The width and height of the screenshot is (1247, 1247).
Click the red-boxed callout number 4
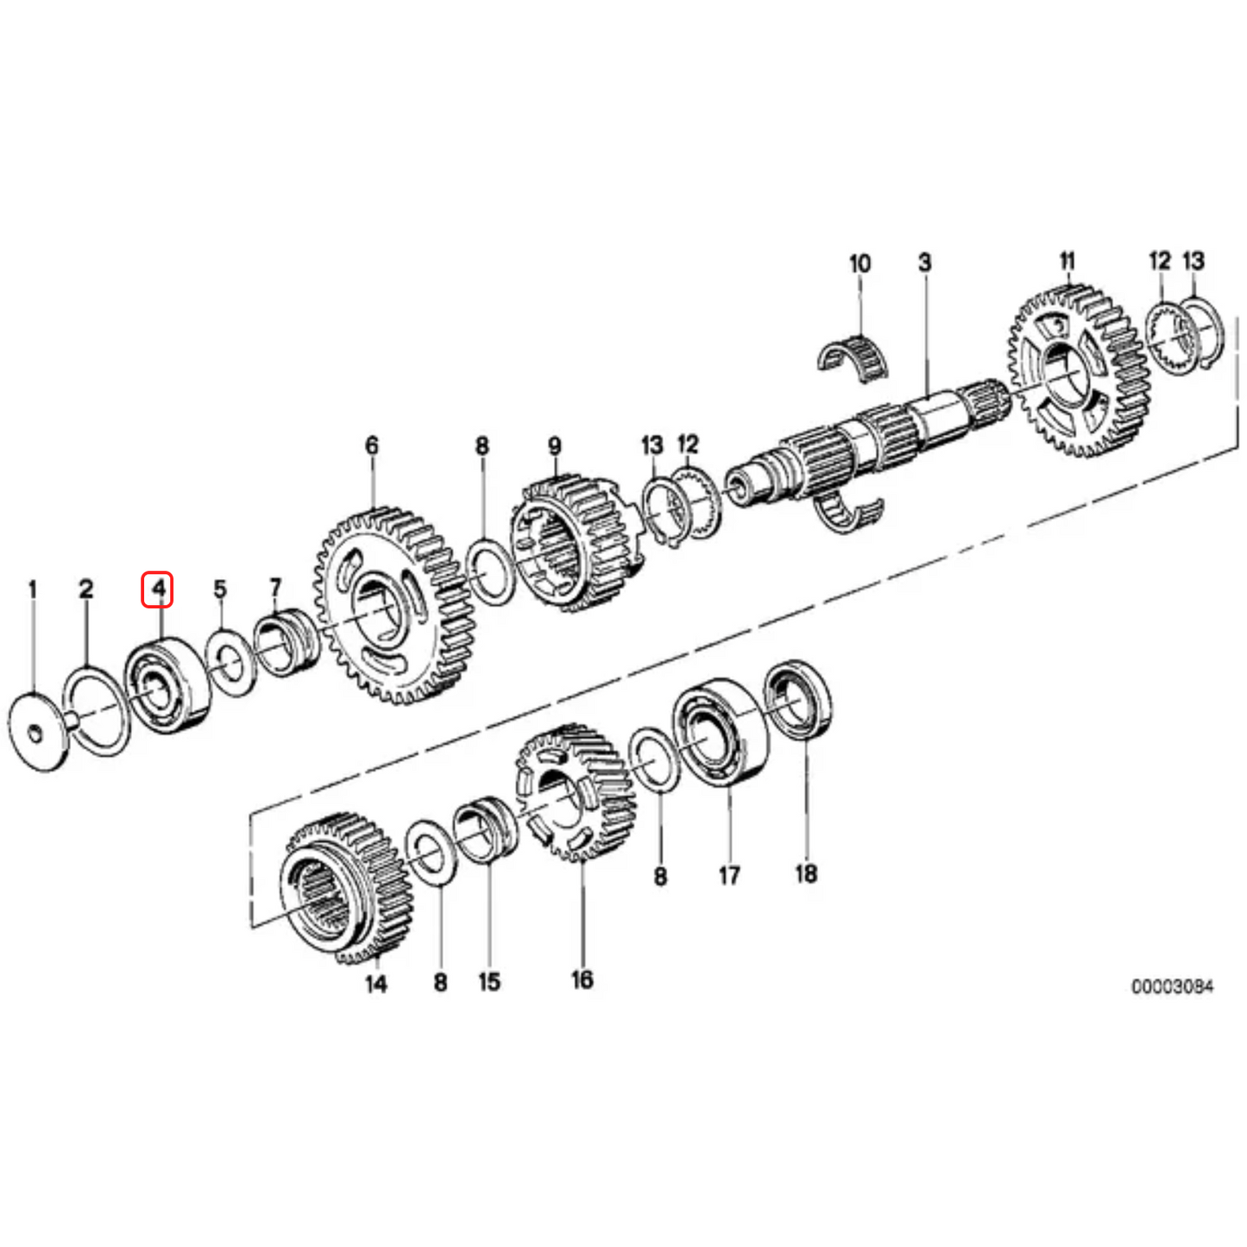158,589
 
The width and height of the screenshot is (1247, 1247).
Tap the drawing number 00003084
1172,986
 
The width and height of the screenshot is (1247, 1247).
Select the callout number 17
729,875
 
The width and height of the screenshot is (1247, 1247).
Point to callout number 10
860,263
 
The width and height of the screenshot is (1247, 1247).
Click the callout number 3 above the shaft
924,262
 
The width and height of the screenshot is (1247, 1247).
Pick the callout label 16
582,979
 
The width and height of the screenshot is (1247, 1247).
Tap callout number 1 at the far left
33,589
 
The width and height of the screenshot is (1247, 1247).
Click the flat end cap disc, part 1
37,733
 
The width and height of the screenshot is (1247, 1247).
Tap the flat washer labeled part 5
230,663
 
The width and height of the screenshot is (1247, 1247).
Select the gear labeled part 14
345,889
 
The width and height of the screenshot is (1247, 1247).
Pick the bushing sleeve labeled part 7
286,644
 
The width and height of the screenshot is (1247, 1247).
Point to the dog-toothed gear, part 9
570,544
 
